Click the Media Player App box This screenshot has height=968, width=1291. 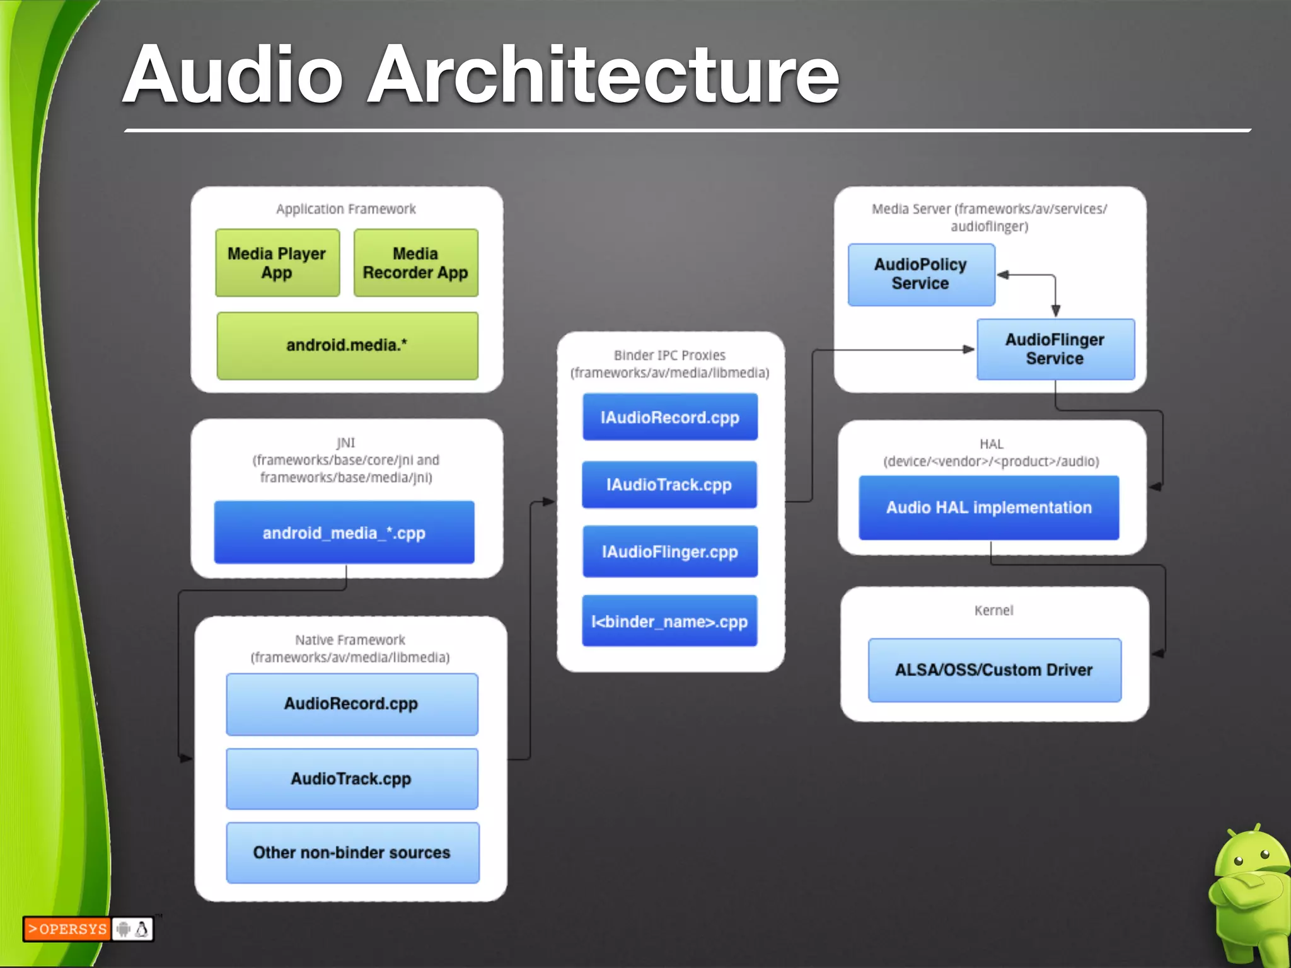(277, 263)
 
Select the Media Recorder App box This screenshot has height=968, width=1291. (416, 263)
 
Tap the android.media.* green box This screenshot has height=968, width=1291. (347, 345)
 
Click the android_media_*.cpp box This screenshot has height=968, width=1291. (344, 533)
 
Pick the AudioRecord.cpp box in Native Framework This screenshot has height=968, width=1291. (352, 704)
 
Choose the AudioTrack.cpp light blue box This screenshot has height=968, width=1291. (352, 779)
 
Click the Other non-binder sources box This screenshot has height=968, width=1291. (352, 853)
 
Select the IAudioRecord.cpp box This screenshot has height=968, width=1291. (670, 417)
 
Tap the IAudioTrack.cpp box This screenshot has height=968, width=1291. (669, 485)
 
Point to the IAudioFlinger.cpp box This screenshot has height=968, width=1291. (670, 552)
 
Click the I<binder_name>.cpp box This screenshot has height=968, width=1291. (669, 621)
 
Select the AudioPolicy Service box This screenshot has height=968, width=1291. (921, 275)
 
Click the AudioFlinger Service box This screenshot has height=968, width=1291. (1055, 349)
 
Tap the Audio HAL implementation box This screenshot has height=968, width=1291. (989, 508)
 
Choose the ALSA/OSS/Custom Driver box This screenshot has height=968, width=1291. (994, 670)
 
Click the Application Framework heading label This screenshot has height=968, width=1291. (346, 209)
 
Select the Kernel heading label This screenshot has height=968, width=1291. (993, 611)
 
